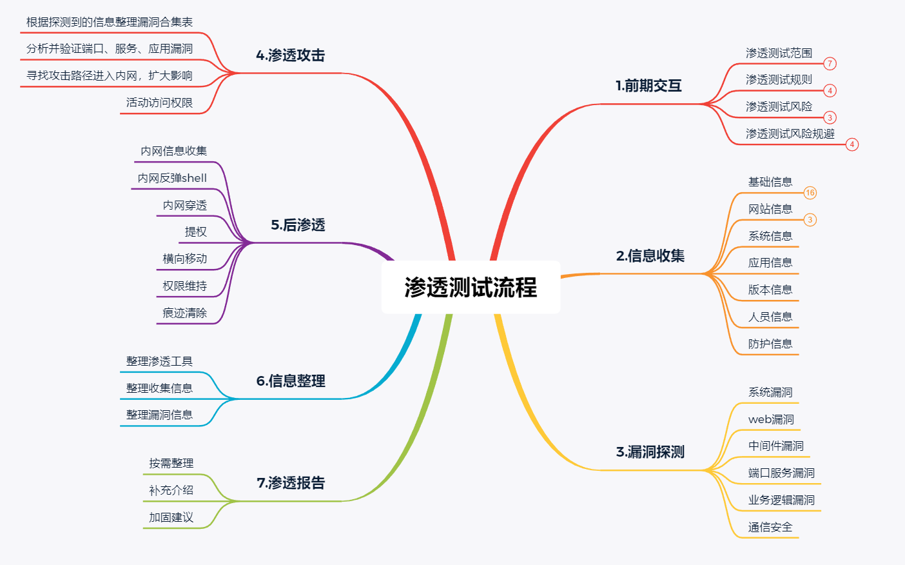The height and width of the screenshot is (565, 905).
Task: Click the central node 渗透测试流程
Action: pos(471,288)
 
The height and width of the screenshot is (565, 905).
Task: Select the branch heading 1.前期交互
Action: pos(648,86)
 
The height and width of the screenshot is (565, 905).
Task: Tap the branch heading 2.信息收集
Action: pos(650,256)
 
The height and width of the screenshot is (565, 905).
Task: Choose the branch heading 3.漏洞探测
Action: pos(650,452)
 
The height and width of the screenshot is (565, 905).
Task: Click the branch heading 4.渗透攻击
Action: pos(290,55)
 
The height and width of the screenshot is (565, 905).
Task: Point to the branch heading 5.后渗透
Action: pos(298,225)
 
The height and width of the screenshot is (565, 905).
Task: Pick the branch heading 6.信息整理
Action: pos(291,381)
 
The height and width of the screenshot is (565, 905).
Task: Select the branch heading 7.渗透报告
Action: pos(291,483)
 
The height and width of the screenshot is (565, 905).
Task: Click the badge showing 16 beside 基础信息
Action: pos(810,193)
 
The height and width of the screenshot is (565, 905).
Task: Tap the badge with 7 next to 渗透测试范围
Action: pos(830,64)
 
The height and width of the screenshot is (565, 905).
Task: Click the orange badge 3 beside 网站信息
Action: pos(810,220)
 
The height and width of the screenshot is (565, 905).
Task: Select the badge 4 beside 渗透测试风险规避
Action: pos(852,144)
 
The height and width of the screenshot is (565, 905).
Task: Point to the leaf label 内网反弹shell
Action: pos(172,179)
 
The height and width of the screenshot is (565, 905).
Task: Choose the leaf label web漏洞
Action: pos(771,419)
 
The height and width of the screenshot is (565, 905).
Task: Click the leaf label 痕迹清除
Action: pos(185,313)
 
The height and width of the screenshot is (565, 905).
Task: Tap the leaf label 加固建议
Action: pos(171,517)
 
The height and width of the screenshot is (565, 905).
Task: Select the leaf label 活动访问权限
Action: pos(159,103)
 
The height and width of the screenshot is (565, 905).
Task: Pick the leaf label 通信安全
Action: pos(770,528)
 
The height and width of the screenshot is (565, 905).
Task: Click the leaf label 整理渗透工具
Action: pos(159,361)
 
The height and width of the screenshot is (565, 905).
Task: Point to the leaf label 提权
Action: pos(196,232)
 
